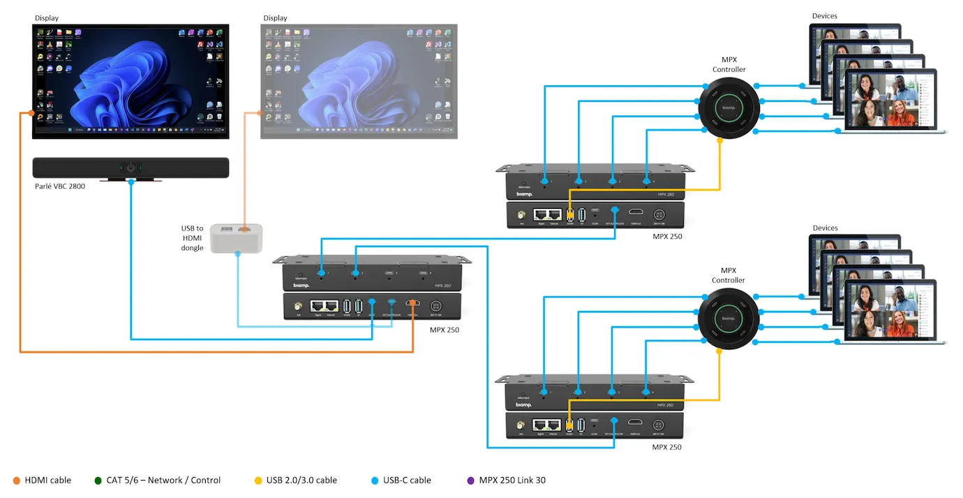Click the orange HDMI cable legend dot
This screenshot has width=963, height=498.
[17, 481]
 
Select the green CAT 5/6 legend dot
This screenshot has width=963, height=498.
[98, 481]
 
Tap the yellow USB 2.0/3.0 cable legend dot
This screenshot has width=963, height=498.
[258, 481]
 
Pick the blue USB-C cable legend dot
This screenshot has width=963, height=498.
[375, 481]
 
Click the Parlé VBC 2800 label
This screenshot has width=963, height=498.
[60, 186]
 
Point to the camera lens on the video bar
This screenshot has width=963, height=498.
[130, 168]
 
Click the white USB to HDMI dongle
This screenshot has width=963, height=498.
[237, 237]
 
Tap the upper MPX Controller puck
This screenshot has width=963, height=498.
[728, 108]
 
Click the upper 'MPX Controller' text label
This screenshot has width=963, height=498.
[729, 65]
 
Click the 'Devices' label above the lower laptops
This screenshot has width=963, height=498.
[825, 228]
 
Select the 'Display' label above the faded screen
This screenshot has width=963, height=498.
[275, 18]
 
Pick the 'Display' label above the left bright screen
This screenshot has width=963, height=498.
[47, 18]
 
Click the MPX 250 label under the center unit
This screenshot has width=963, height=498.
[445, 330]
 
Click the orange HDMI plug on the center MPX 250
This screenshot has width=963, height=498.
[415, 303]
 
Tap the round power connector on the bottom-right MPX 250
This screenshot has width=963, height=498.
[657, 425]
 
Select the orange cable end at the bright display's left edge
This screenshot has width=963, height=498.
[31, 113]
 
